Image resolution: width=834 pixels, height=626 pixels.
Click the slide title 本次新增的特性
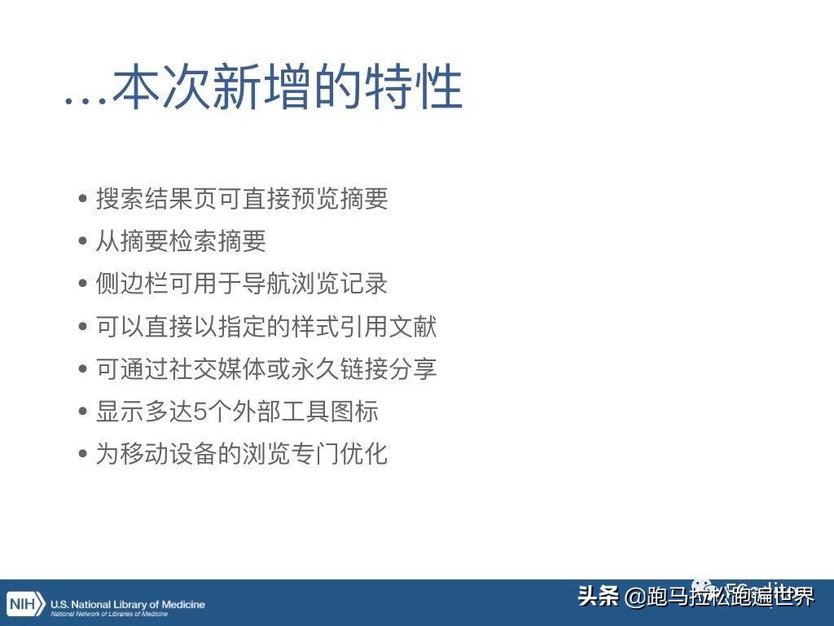click(x=287, y=88)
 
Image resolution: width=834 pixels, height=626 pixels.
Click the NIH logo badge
click(x=24, y=606)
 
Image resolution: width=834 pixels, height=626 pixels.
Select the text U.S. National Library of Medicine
click(x=128, y=604)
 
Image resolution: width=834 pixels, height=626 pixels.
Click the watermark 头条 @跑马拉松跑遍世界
click(x=696, y=597)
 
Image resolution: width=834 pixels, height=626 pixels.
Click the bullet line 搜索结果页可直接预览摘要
click(x=242, y=199)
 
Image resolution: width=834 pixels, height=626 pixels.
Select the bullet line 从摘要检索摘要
click(x=181, y=241)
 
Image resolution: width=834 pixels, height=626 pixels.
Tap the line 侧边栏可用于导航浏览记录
click(x=242, y=284)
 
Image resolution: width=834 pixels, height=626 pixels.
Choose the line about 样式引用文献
click(x=266, y=327)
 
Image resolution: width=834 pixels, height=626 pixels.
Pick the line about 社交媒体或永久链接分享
click(x=266, y=369)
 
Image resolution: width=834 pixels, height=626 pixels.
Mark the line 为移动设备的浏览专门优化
click(x=242, y=454)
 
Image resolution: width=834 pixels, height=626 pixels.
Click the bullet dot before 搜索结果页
click(x=83, y=199)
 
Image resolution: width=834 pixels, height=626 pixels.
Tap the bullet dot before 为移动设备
click(x=83, y=454)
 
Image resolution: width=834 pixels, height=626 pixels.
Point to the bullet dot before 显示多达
click(x=83, y=412)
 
